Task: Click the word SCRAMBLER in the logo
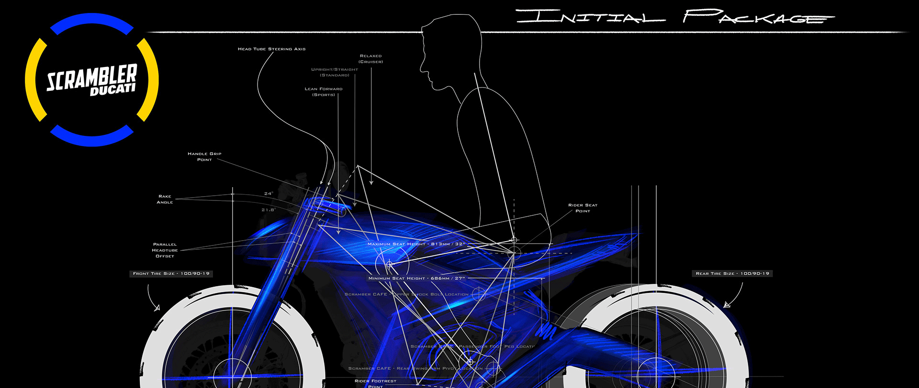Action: click(x=91, y=77)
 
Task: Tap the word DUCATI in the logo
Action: click(x=112, y=89)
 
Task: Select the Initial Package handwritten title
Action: click(x=675, y=17)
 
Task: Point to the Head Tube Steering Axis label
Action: click(x=271, y=49)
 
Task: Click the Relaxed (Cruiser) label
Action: click(x=371, y=59)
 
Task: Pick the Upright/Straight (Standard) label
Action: click(x=335, y=72)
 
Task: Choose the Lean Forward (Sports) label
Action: click(x=324, y=92)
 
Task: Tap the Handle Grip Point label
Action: click(x=204, y=156)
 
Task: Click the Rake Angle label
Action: click(x=165, y=199)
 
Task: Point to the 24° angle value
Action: click(x=269, y=194)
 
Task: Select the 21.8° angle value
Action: click(x=268, y=210)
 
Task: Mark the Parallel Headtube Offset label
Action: click(x=165, y=250)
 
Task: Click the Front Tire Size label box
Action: click(x=171, y=274)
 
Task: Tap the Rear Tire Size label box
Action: click(x=732, y=274)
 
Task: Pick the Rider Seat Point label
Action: click(x=583, y=208)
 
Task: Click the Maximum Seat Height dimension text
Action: click(x=416, y=244)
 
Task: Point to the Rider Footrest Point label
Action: click(x=375, y=383)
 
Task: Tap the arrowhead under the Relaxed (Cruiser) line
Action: click(x=371, y=182)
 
